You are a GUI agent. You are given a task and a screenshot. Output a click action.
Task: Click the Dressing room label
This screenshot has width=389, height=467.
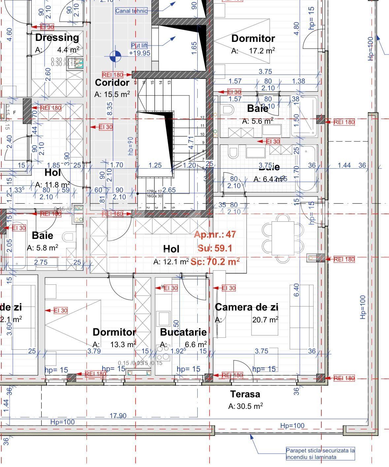(x=57, y=38)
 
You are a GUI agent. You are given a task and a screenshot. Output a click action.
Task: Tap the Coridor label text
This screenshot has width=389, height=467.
(x=112, y=83)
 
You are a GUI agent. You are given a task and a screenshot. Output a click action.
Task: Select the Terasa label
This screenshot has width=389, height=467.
(x=245, y=394)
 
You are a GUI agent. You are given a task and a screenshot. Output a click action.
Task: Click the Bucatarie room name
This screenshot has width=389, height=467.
(x=183, y=332)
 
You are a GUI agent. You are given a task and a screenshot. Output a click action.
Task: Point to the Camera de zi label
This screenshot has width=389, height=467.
(x=246, y=307)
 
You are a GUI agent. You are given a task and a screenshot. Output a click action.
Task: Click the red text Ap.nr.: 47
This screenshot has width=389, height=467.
(x=215, y=235)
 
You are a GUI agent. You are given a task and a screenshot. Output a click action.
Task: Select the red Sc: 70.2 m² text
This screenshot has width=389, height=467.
(x=215, y=262)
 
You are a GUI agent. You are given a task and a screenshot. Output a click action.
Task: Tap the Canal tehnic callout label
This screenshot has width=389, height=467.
(x=131, y=11)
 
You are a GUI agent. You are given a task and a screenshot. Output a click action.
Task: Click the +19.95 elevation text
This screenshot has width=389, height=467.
(x=140, y=53)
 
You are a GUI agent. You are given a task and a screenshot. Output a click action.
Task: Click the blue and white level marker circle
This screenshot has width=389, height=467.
(x=115, y=56)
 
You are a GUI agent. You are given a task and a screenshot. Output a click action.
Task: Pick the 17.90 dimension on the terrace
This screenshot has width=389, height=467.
(x=118, y=416)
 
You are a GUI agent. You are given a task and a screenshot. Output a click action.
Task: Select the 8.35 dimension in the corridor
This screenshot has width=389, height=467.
(x=110, y=108)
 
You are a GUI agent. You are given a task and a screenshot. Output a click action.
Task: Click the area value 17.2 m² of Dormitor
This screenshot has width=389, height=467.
(x=262, y=51)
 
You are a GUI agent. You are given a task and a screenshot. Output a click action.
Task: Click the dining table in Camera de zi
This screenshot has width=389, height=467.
(x=282, y=238)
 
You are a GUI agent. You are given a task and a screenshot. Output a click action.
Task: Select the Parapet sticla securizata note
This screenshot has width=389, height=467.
(x=320, y=453)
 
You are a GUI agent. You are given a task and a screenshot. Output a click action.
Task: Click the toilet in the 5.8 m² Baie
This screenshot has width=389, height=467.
(x=69, y=237)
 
